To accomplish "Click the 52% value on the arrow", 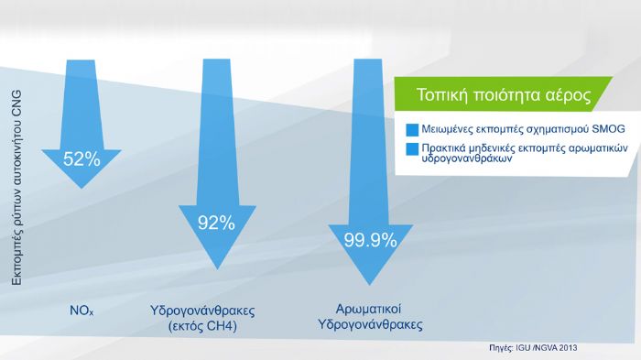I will (81, 159).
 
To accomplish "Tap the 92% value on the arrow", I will (217, 223).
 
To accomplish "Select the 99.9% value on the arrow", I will (370, 241).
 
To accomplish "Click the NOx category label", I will (81, 311).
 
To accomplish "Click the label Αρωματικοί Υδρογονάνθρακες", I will (368, 317).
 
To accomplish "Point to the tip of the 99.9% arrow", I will (370, 286).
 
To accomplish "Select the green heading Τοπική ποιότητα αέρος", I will (503, 94).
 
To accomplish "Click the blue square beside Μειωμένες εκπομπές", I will (411, 128).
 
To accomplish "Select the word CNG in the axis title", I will (16, 102).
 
